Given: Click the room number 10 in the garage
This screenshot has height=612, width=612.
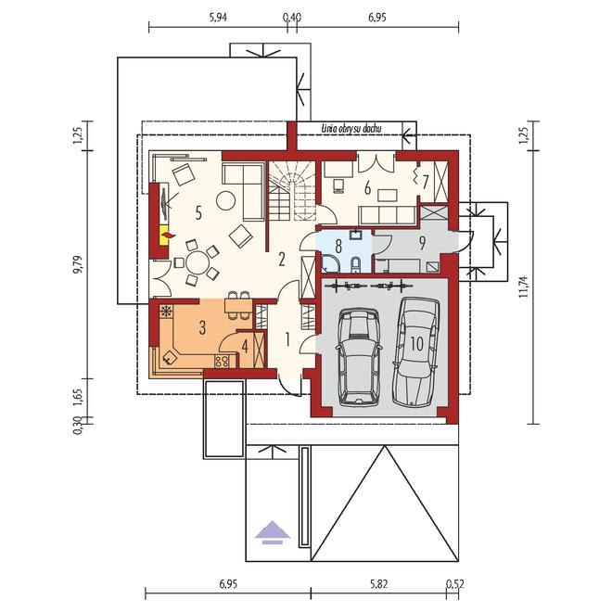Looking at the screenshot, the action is pyautogui.click(x=417, y=344).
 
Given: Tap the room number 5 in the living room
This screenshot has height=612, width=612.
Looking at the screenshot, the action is pyautogui.click(x=198, y=213).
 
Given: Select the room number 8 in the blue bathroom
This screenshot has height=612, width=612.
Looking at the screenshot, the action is pyautogui.click(x=338, y=247).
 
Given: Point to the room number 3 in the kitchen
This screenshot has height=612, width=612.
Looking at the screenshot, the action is pyautogui.click(x=202, y=328).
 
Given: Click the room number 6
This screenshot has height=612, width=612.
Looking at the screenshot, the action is pyautogui.click(x=367, y=188).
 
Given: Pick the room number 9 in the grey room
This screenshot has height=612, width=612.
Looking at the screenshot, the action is pyautogui.click(x=422, y=243).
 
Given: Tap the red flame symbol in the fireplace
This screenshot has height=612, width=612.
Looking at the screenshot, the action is pyautogui.click(x=168, y=235).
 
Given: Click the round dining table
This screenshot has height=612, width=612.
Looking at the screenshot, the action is pyautogui.click(x=198, y=263).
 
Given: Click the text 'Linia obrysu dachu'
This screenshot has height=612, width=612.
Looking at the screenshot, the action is pyautogui.click(x=351, y=128).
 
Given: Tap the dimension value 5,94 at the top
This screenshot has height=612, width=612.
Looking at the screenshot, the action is pyautogui.click(x=218, y=18).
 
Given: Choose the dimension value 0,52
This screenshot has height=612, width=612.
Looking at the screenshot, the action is pyautogui.click(x=455, y=584).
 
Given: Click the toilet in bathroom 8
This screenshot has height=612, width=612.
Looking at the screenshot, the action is pyautogui.click(x=356, y=264).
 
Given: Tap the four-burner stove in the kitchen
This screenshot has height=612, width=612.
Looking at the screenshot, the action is pyautogui.click(x=222, y=361).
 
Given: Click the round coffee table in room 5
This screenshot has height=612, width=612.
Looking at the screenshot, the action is pyautogui.click(x=225, y=201).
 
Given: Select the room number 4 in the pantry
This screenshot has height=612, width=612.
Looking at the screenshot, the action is pyautogui.click(x=245, y=347).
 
